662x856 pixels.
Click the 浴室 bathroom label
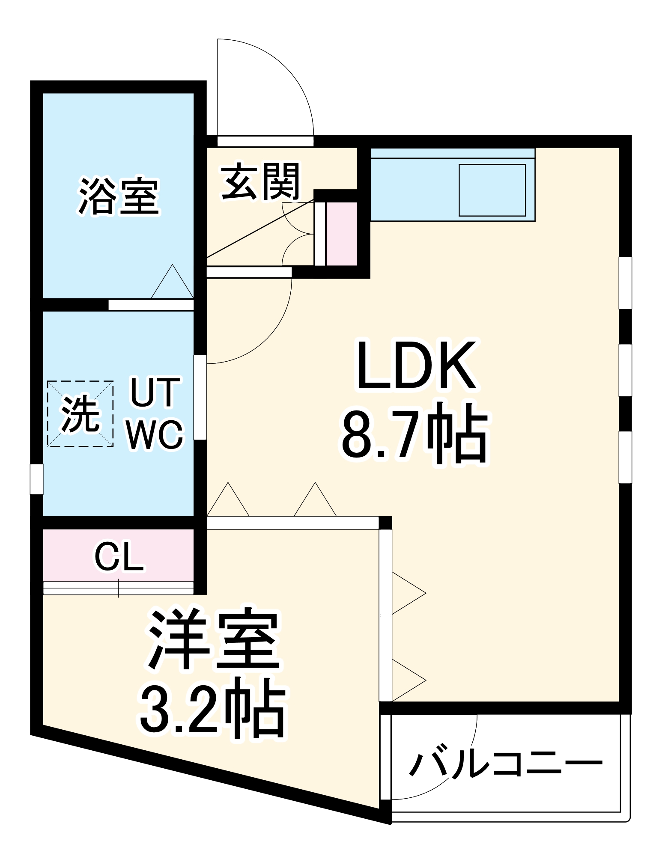[x=119, y=196]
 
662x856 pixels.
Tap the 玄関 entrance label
[x=260, y=182]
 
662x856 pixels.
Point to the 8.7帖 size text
[x=414, y=434]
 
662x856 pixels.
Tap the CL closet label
[x=119, y=557]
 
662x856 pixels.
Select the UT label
[x=155, y=392]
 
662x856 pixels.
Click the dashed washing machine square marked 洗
[x=81, y=414]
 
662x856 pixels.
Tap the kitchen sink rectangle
[x=492, y=190]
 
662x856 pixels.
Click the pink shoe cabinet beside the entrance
[x=342, y=234]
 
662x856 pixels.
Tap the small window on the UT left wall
[x=36, y=479]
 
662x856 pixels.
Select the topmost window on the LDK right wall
[x=626, y=282]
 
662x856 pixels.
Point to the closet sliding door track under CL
[x=119, y=588]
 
